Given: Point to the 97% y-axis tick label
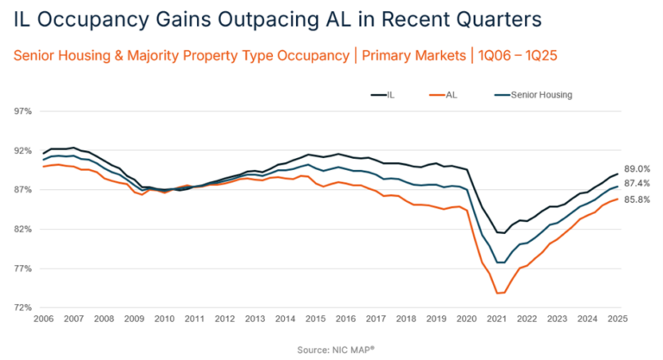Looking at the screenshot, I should pos(22,111).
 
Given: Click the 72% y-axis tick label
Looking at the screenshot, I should pos(22,307).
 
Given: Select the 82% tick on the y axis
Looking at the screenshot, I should pos(22,229).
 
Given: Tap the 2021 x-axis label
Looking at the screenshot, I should pos(497,319).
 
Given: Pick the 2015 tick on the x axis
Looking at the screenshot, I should pos(316,319).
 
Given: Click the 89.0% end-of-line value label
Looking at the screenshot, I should pos(636,168).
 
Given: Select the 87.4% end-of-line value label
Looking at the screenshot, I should pos(636,183).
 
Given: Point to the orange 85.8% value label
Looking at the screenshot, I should pos(636,199).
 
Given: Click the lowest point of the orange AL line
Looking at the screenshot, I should pos(498,294).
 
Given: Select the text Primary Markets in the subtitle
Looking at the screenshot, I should pos(408,56).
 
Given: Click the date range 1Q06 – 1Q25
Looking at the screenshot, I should pos(515,56).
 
